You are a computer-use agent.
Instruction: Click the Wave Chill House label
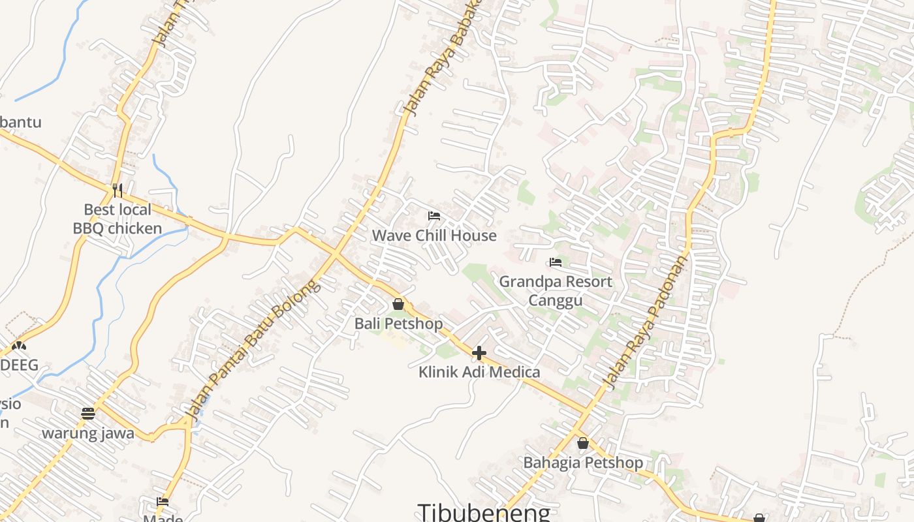[x=434, y=236]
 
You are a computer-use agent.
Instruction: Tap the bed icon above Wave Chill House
[x=434, y=216]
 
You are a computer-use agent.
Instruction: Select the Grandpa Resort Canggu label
[x=556, y=290]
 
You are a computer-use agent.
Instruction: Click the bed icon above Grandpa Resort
[x=556, y=262]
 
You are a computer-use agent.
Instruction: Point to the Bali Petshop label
[x=398, y=324]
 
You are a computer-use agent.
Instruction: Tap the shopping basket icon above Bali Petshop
[x=398, y=304]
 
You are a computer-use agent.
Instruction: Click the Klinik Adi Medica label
[x=479, y=372]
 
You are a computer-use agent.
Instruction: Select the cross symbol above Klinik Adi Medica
[x=479, y=353]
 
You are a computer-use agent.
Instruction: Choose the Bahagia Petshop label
[x=583, y=463]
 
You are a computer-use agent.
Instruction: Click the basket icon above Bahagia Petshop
[x=583, y=443]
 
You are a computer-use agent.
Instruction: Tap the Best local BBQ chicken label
[x=118, y=219]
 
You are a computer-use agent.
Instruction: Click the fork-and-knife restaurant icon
[x=118, y=190]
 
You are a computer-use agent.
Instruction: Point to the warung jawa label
[x=88, y=433]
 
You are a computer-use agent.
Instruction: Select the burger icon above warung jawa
[x=88, y=413]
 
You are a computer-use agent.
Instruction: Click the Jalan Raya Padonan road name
[x=646, y=323]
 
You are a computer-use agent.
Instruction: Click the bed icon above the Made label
[x=163, y=502]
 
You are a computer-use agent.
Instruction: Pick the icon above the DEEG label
[x=19, y=346]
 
